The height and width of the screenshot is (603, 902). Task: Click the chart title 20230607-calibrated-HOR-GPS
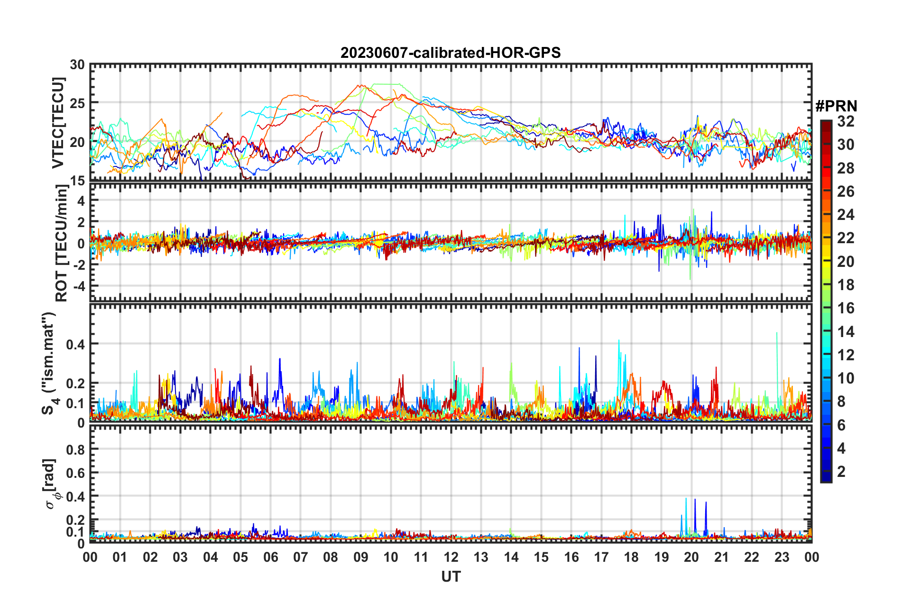(451, 53)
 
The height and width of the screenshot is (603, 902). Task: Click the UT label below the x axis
(451, 576)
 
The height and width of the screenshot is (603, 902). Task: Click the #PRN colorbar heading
(836, 106)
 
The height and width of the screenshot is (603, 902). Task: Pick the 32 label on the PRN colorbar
(846, 121)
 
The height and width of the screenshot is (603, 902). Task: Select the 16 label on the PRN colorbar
(846, 308)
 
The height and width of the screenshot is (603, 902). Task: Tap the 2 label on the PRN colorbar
(842, 471)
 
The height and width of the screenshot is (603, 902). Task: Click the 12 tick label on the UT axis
(451, 557)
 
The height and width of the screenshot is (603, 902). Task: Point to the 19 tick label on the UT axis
(662, 557)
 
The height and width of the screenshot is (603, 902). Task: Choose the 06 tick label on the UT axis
(271, 557)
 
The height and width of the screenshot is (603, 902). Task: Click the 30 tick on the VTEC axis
(77, 65)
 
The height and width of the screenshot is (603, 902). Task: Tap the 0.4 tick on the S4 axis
(75, 344)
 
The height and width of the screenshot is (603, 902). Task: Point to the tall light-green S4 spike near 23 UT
(776, 334)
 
